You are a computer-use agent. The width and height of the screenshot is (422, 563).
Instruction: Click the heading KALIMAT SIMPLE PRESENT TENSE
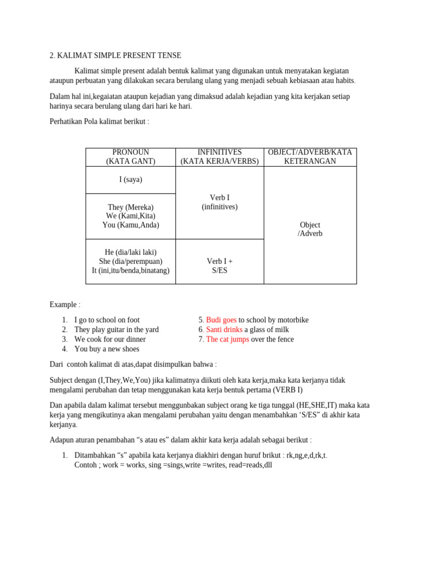pos(119,56)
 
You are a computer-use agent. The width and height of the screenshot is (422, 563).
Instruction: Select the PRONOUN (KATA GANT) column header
pos(130,157)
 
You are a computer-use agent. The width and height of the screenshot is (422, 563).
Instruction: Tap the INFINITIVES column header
pos(219,157)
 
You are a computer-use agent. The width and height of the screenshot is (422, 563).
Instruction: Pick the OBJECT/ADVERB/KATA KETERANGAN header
pos(310,157)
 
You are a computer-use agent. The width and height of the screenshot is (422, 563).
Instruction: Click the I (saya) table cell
pos(130,180)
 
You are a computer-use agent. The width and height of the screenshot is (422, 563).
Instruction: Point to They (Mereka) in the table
pos(130,207)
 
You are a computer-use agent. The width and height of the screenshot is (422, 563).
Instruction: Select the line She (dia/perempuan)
pos(130,261)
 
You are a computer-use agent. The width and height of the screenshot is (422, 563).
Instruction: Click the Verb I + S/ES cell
pos(219,266)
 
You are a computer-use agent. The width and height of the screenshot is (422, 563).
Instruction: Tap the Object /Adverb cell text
pos(310,229)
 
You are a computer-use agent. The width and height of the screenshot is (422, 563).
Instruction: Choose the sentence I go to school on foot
pos(107,320)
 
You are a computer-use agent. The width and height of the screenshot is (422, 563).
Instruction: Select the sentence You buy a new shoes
pos(107,349)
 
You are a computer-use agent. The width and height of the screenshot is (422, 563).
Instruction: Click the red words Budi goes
pos(221,320)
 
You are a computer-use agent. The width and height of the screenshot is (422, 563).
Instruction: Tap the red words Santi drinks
pos(224,329)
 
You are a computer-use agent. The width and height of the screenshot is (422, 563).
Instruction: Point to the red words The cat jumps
pos(227,339)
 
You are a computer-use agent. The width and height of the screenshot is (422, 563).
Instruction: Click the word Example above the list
pos(63,305)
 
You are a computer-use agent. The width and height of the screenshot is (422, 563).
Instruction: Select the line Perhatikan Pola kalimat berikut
pos(99,121)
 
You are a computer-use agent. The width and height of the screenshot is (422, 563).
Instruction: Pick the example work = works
pos(119,465)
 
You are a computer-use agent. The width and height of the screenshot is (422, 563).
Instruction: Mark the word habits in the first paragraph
pos(342,81)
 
